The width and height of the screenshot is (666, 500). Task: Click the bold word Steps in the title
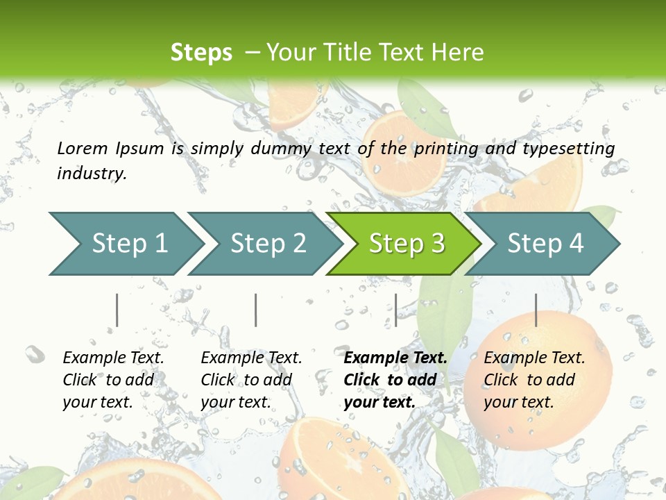click(201, 53)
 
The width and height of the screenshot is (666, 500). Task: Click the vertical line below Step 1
click(117, 310)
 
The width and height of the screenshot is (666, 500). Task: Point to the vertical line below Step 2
click(256, 310)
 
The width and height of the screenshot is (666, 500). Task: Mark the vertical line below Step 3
click(395, 310)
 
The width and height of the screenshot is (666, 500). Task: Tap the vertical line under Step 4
click(536, 310)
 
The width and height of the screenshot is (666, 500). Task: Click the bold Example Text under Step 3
click(395, 358)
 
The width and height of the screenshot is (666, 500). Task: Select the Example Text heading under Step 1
click(113, 358)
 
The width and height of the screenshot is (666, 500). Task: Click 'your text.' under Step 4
click(518, 402)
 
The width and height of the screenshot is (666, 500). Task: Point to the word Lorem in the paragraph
click(83, 148)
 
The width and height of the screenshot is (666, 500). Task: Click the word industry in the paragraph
click(92, 173)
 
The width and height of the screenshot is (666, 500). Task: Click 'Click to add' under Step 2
click(246, 380)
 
